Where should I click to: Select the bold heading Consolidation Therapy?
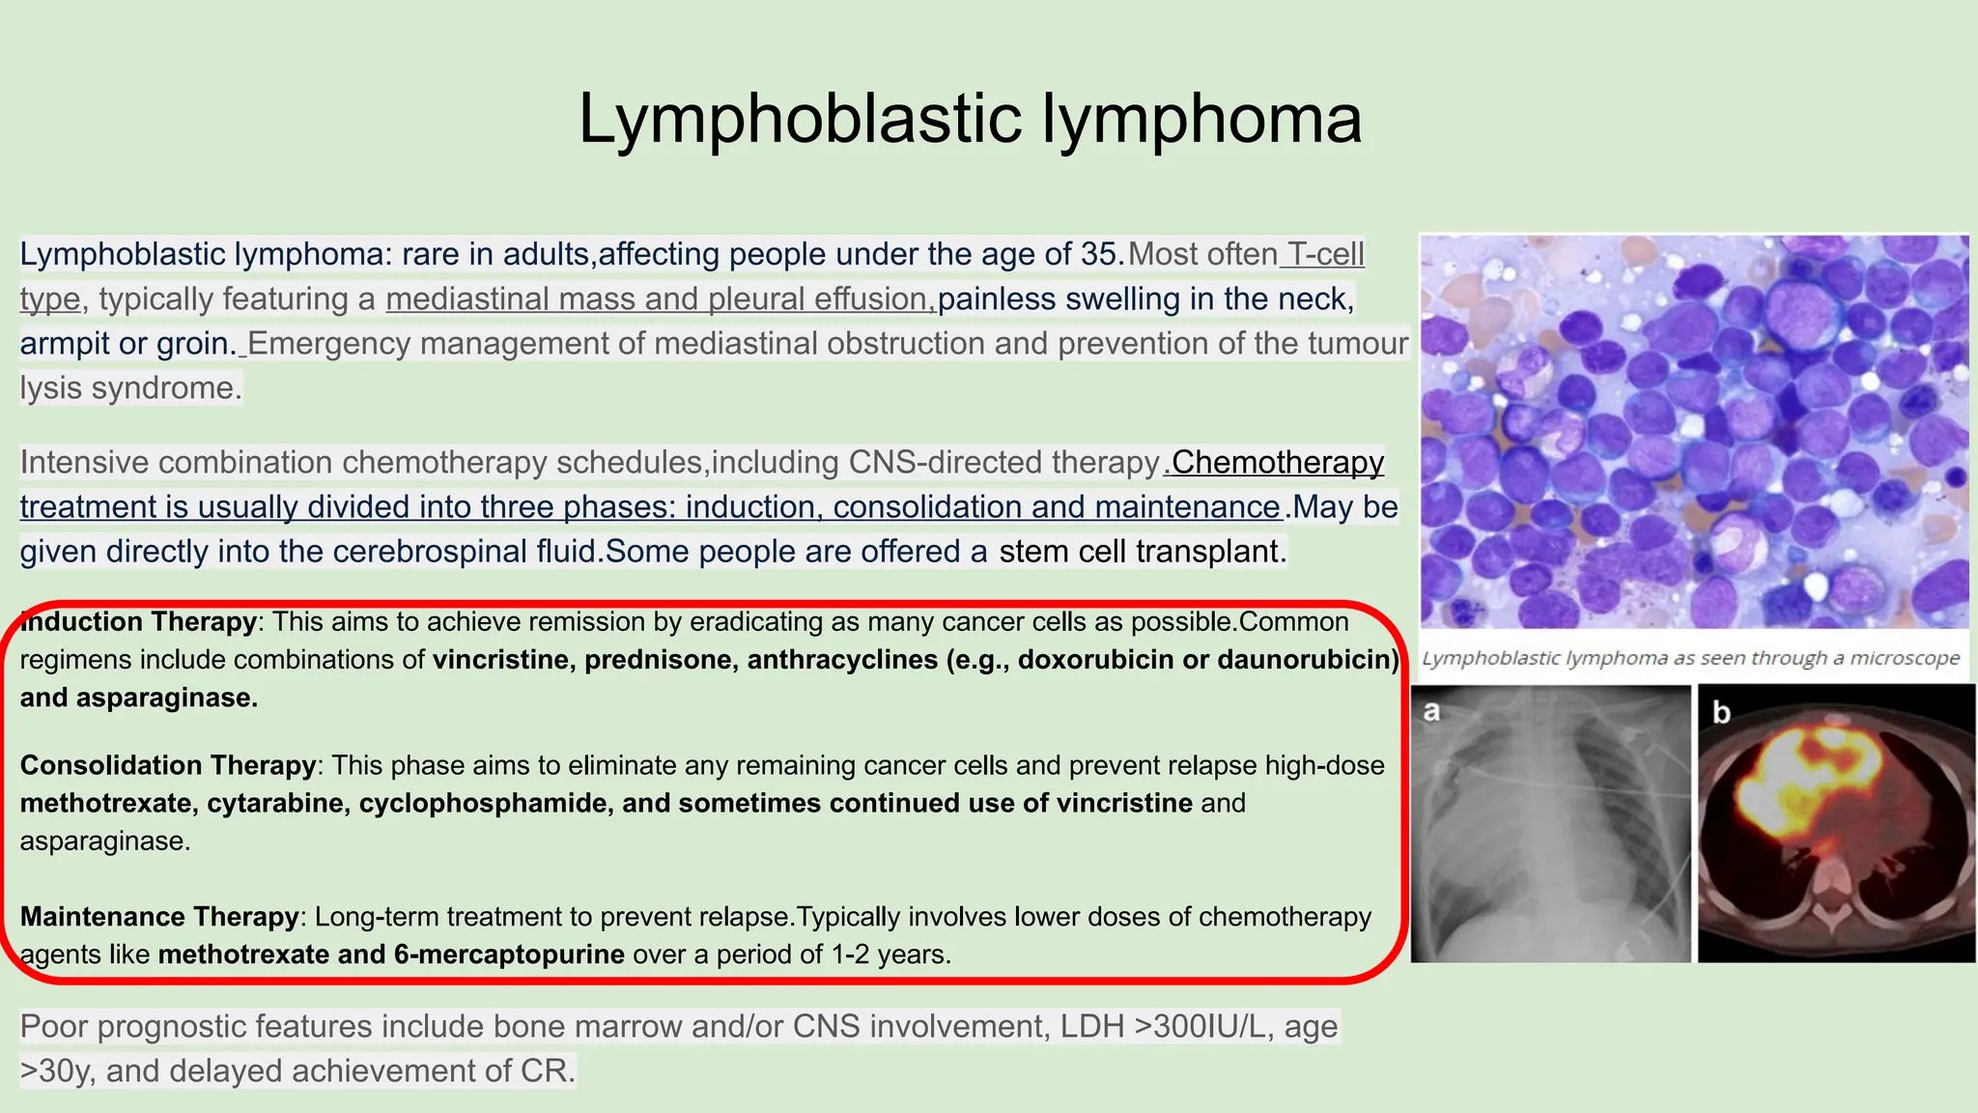(168, 765)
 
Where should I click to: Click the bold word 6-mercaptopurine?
(509, 955)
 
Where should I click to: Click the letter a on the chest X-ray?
(1432, 712)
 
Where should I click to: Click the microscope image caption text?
(1691, 659)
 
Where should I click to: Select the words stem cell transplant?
(1139, 552)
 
